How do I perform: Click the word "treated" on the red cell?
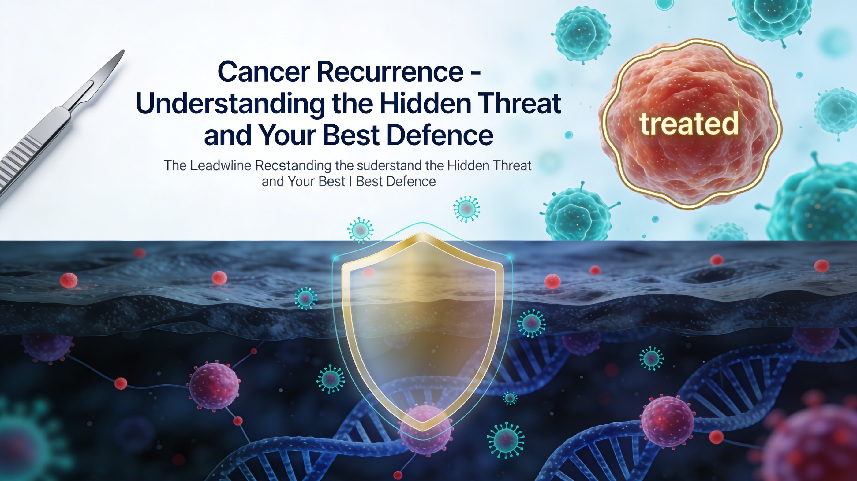coord(689,124)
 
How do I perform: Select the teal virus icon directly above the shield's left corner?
coord(360,229)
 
